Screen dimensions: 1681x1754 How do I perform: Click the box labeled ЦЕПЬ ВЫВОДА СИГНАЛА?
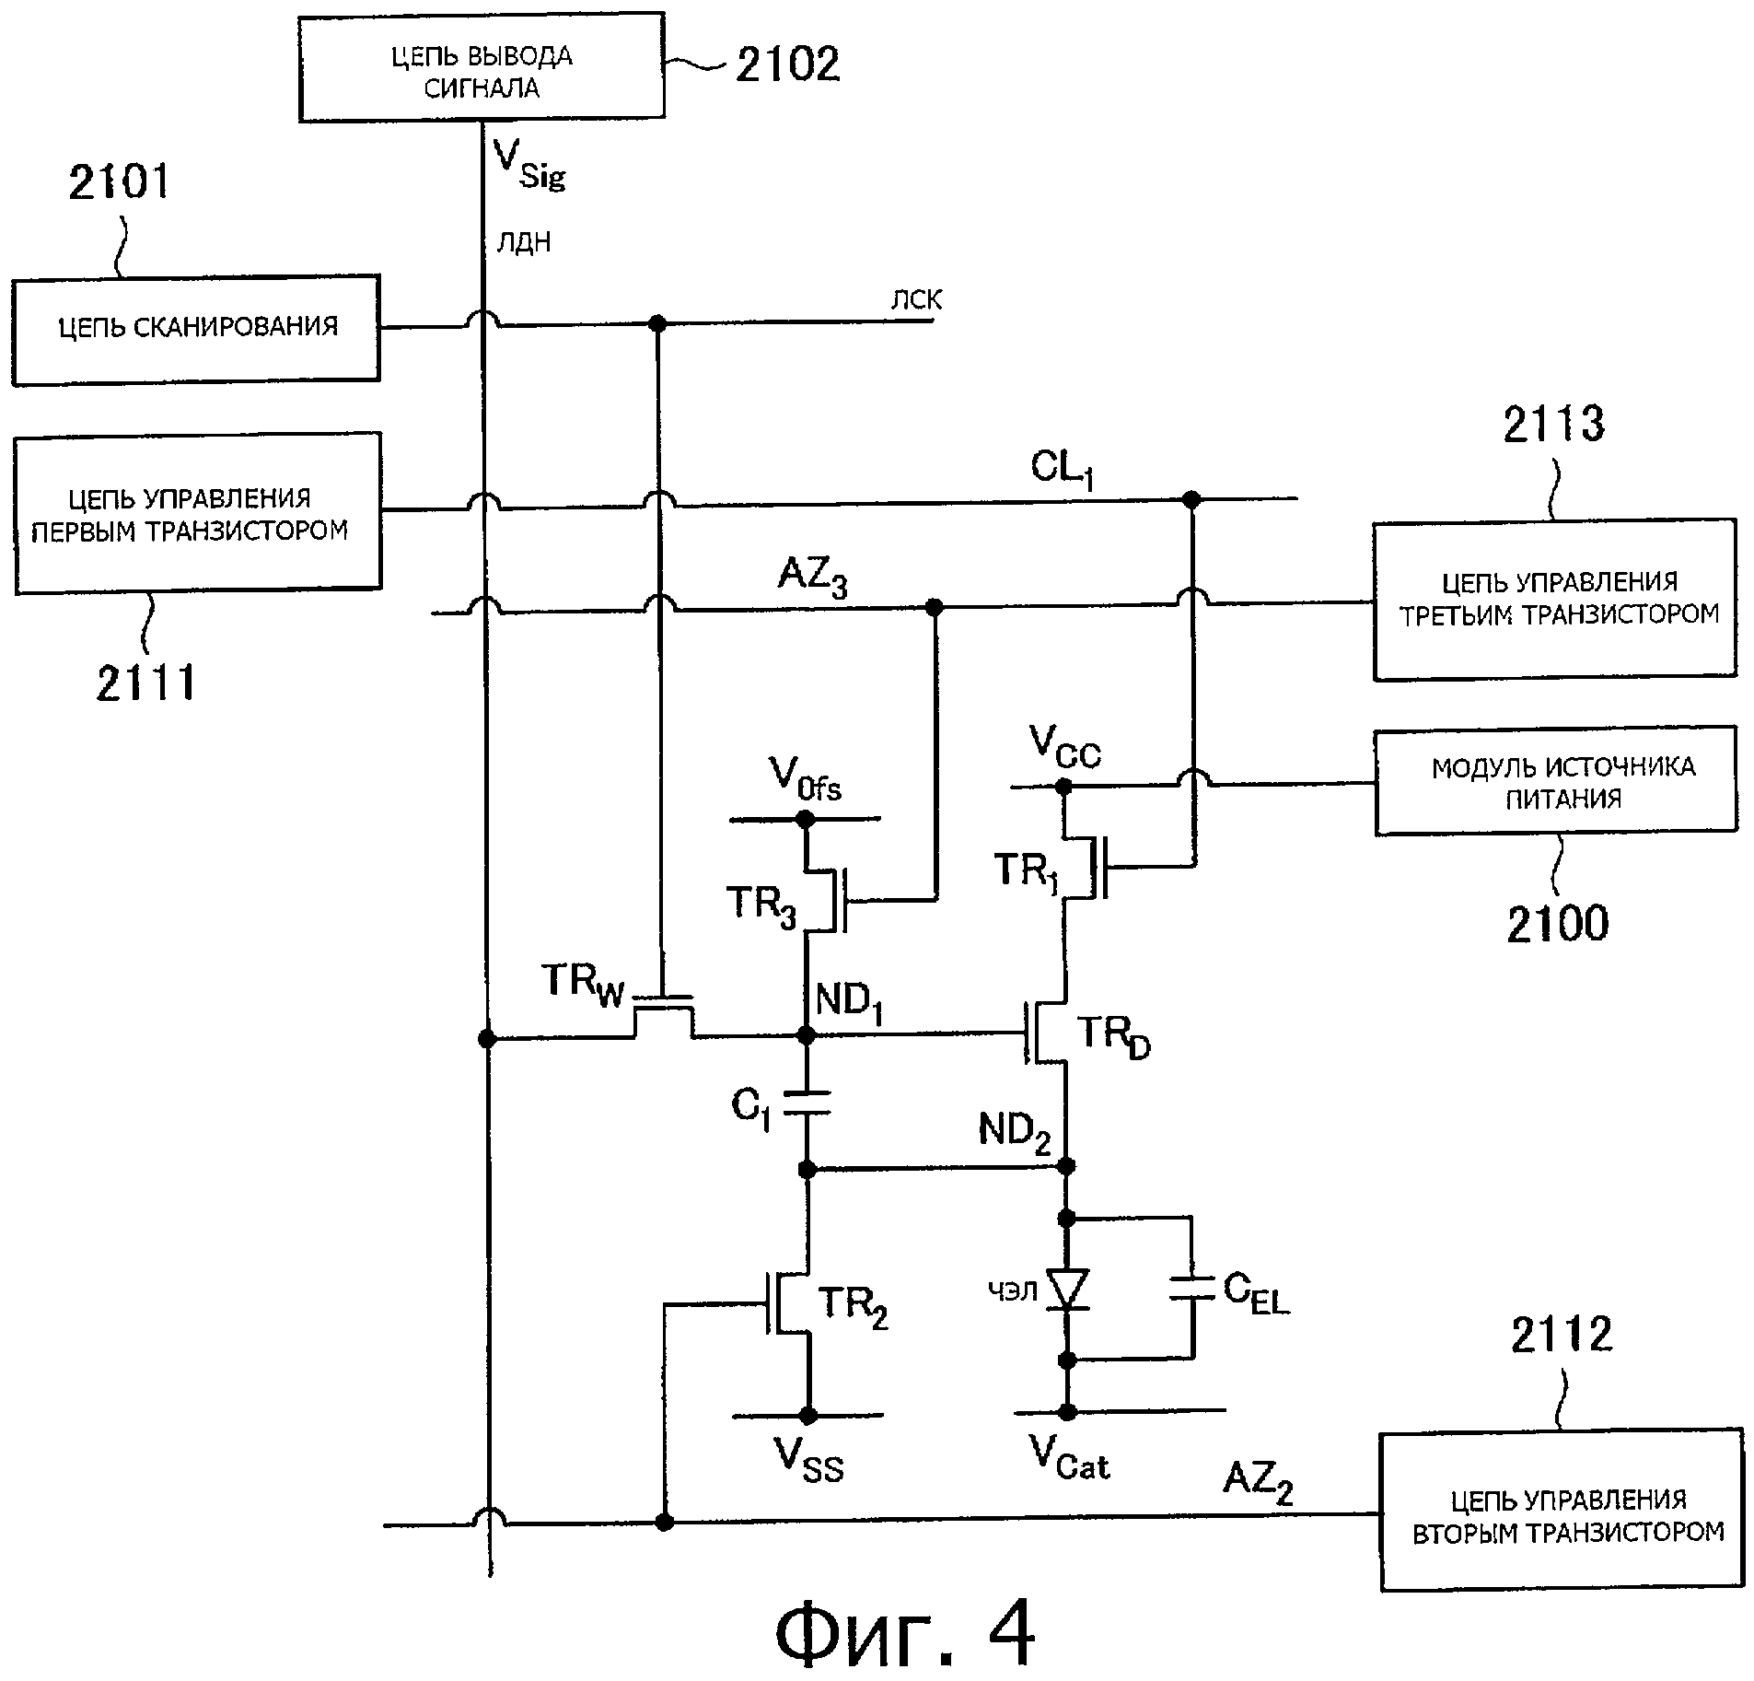point(481,66)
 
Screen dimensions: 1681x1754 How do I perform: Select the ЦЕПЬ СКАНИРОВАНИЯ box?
point(196,328)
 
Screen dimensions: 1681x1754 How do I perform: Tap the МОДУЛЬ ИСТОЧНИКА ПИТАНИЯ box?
point(1556,781)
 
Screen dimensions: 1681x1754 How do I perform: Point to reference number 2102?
point(787,65)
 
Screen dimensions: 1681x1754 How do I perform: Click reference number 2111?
point(146,683)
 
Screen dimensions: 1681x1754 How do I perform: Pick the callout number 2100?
point(1557,924)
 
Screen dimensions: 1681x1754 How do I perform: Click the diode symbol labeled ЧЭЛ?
point(1067,1290)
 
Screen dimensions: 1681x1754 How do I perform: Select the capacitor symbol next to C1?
point(807,1103)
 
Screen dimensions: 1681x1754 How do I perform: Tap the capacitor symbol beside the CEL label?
point(1192,1289)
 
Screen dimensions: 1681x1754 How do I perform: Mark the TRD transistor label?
point(1113,1038)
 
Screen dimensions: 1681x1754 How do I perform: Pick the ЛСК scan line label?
point(916,300)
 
